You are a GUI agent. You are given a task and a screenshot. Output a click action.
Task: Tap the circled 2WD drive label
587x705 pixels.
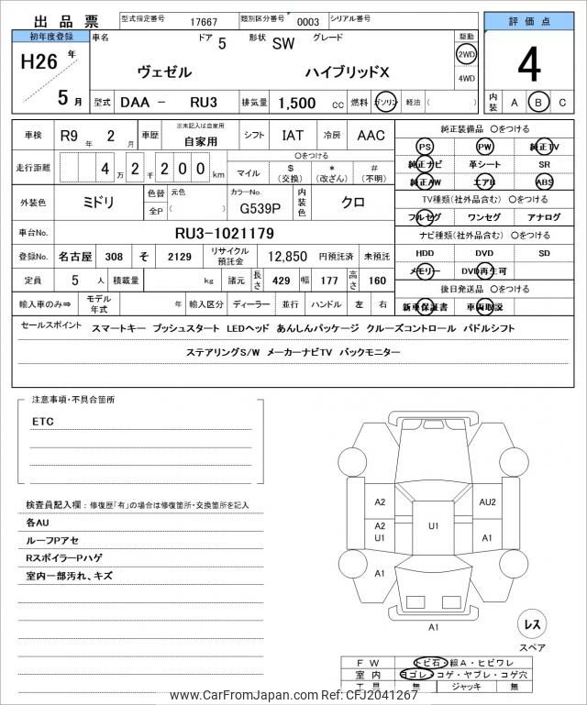466,54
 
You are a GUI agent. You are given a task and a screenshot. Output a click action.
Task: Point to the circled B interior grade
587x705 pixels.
538,103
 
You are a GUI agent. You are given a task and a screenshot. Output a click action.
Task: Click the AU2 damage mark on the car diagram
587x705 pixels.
487,501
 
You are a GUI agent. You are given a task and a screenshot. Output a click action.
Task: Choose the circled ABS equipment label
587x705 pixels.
545,182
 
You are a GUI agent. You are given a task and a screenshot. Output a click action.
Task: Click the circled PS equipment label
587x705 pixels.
425,147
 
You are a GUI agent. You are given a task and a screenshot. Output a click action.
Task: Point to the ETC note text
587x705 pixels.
42,421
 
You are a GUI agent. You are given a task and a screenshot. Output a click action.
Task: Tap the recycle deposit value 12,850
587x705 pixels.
286,258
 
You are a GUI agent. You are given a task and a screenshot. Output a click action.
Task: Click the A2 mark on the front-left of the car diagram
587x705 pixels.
380,501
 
